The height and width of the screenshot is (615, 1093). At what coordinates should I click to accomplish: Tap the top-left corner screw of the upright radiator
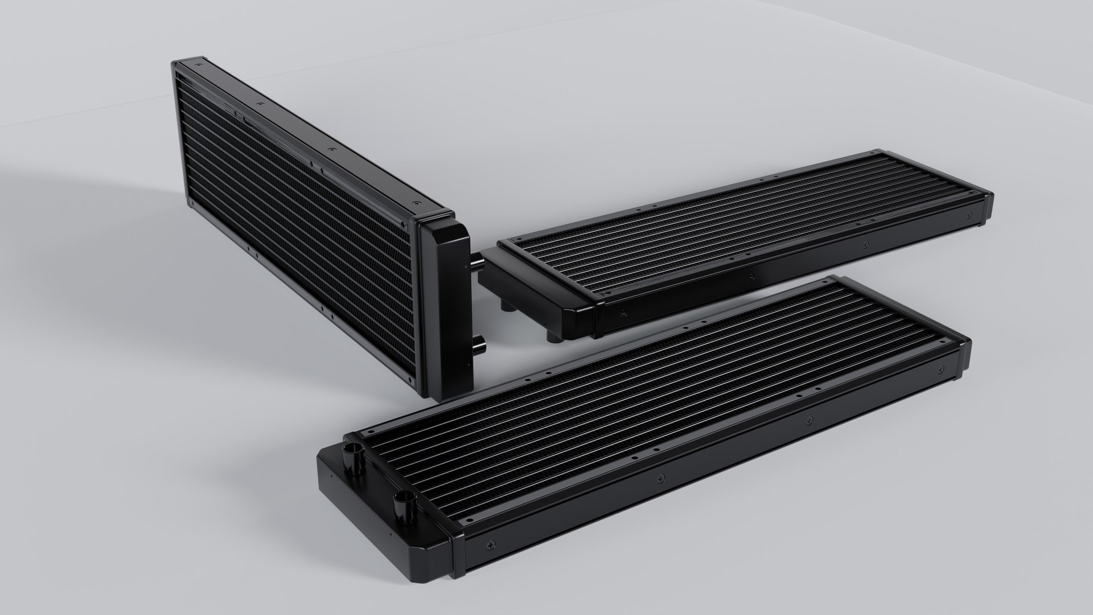(x=198, y=65)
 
